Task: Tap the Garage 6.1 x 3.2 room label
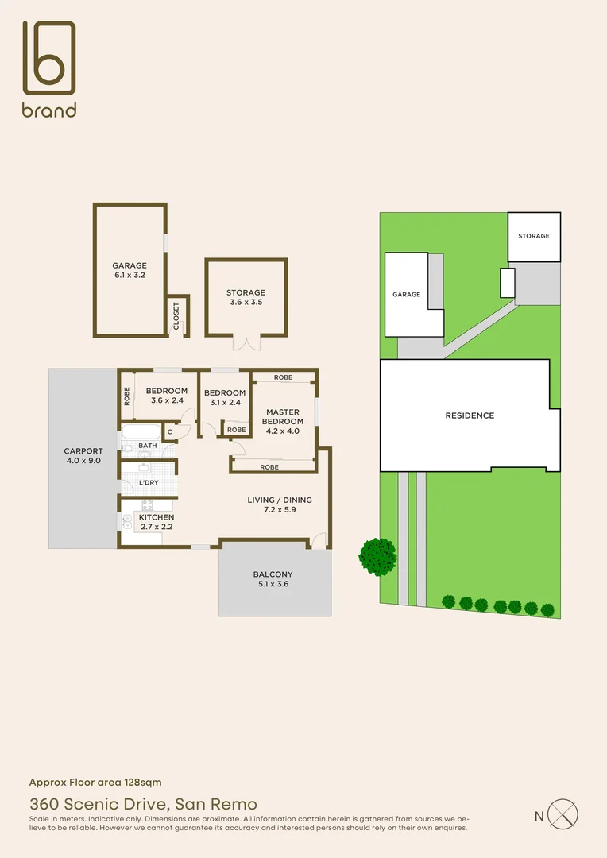coord(129,270)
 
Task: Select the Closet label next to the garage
coord(176,315)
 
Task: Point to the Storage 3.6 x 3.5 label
coord(246,297)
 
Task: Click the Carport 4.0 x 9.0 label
coord(83,456)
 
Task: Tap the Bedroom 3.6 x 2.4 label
coord(167,396)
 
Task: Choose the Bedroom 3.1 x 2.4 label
coord(225,397)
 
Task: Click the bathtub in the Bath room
coord(140,433)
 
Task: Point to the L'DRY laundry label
coord(149,483)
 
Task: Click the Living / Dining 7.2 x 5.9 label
coord(279,505)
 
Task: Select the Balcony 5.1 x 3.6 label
coord(273,579)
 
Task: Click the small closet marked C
coord(168,432)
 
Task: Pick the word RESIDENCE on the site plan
coord(469,415)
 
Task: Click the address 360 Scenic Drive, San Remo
coord(143,804)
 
